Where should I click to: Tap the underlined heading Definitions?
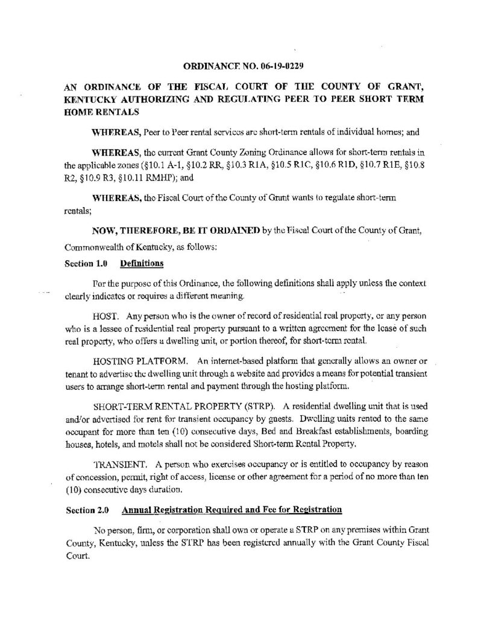pyautogui.click(x=142, y=264)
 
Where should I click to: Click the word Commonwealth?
pyautogui.click(x=93, y=247)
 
